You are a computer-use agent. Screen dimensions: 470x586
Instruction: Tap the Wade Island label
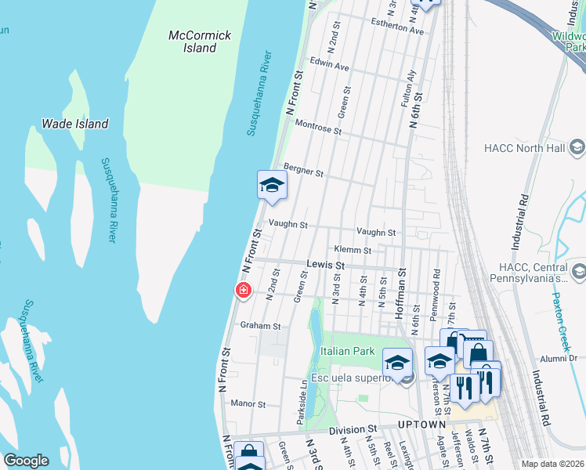pos(74,124)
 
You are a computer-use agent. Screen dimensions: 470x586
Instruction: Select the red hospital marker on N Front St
pos(244,291)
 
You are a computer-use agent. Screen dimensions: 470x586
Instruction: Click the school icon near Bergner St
pos(272,186)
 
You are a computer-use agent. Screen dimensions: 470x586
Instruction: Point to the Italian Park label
pos(348,352)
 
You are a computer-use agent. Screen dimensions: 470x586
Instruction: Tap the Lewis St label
pos(326,266)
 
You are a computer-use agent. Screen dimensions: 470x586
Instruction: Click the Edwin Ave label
pos(329,67)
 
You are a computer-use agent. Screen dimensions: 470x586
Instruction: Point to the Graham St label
pos(260,325)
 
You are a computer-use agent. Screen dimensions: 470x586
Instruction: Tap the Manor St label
pos(249,404)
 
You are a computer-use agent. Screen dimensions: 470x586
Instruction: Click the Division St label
pos(353,430)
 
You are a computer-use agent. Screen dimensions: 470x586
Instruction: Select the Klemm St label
pos(352,250)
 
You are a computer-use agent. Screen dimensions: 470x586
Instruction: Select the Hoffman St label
pos(401,290)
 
